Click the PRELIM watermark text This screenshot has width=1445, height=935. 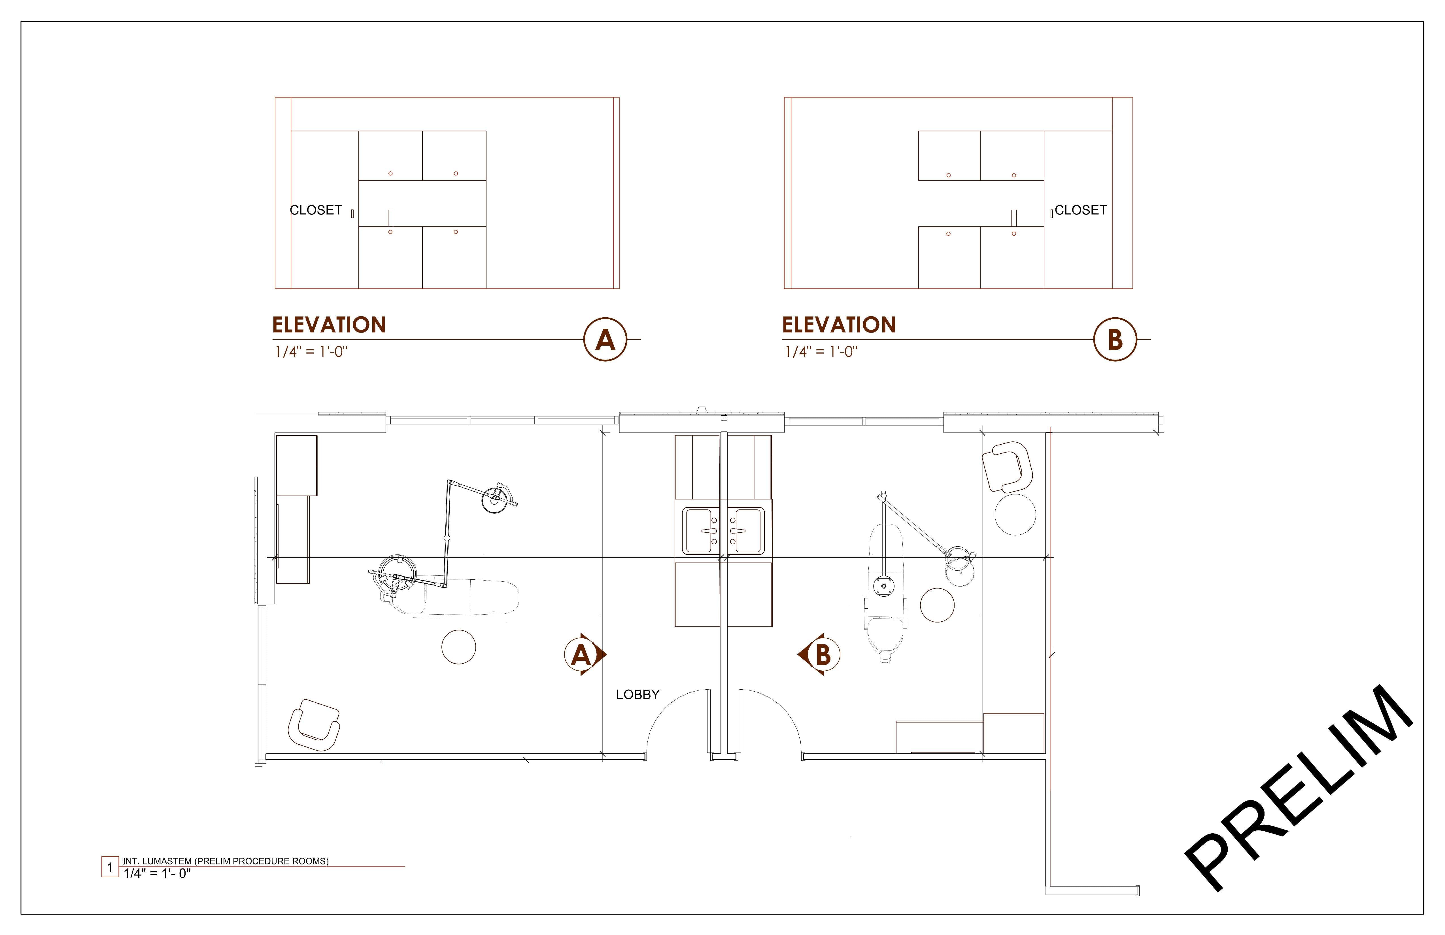click(1299, 789)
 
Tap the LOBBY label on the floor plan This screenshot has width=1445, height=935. click(637, 694)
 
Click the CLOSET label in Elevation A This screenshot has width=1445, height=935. click(316, 210)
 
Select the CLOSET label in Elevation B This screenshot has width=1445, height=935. click(1081, 210)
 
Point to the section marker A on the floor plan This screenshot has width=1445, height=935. click(583, 654)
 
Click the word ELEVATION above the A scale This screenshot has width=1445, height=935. click(329, 325)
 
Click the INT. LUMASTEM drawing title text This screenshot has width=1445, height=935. click(226, 861)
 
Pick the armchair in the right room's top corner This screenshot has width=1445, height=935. click(1007, 466)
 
